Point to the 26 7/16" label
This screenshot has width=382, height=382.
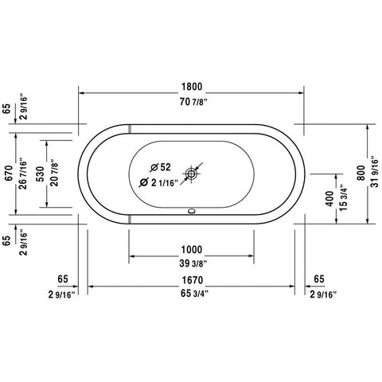pyautogui.click(x=23, y=174)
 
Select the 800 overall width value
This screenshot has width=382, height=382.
pyautogui.click(x=360, y=174)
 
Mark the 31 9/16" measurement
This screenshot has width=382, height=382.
pyautogui.click(x=374, y=174)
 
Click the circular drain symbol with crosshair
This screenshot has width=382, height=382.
pyautogui.click(x=193, y=172)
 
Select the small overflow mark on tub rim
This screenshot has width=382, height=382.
pyautogui.click(x=190, y=213)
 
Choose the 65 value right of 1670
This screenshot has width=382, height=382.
pyautogui.click(x=318, y=279)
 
